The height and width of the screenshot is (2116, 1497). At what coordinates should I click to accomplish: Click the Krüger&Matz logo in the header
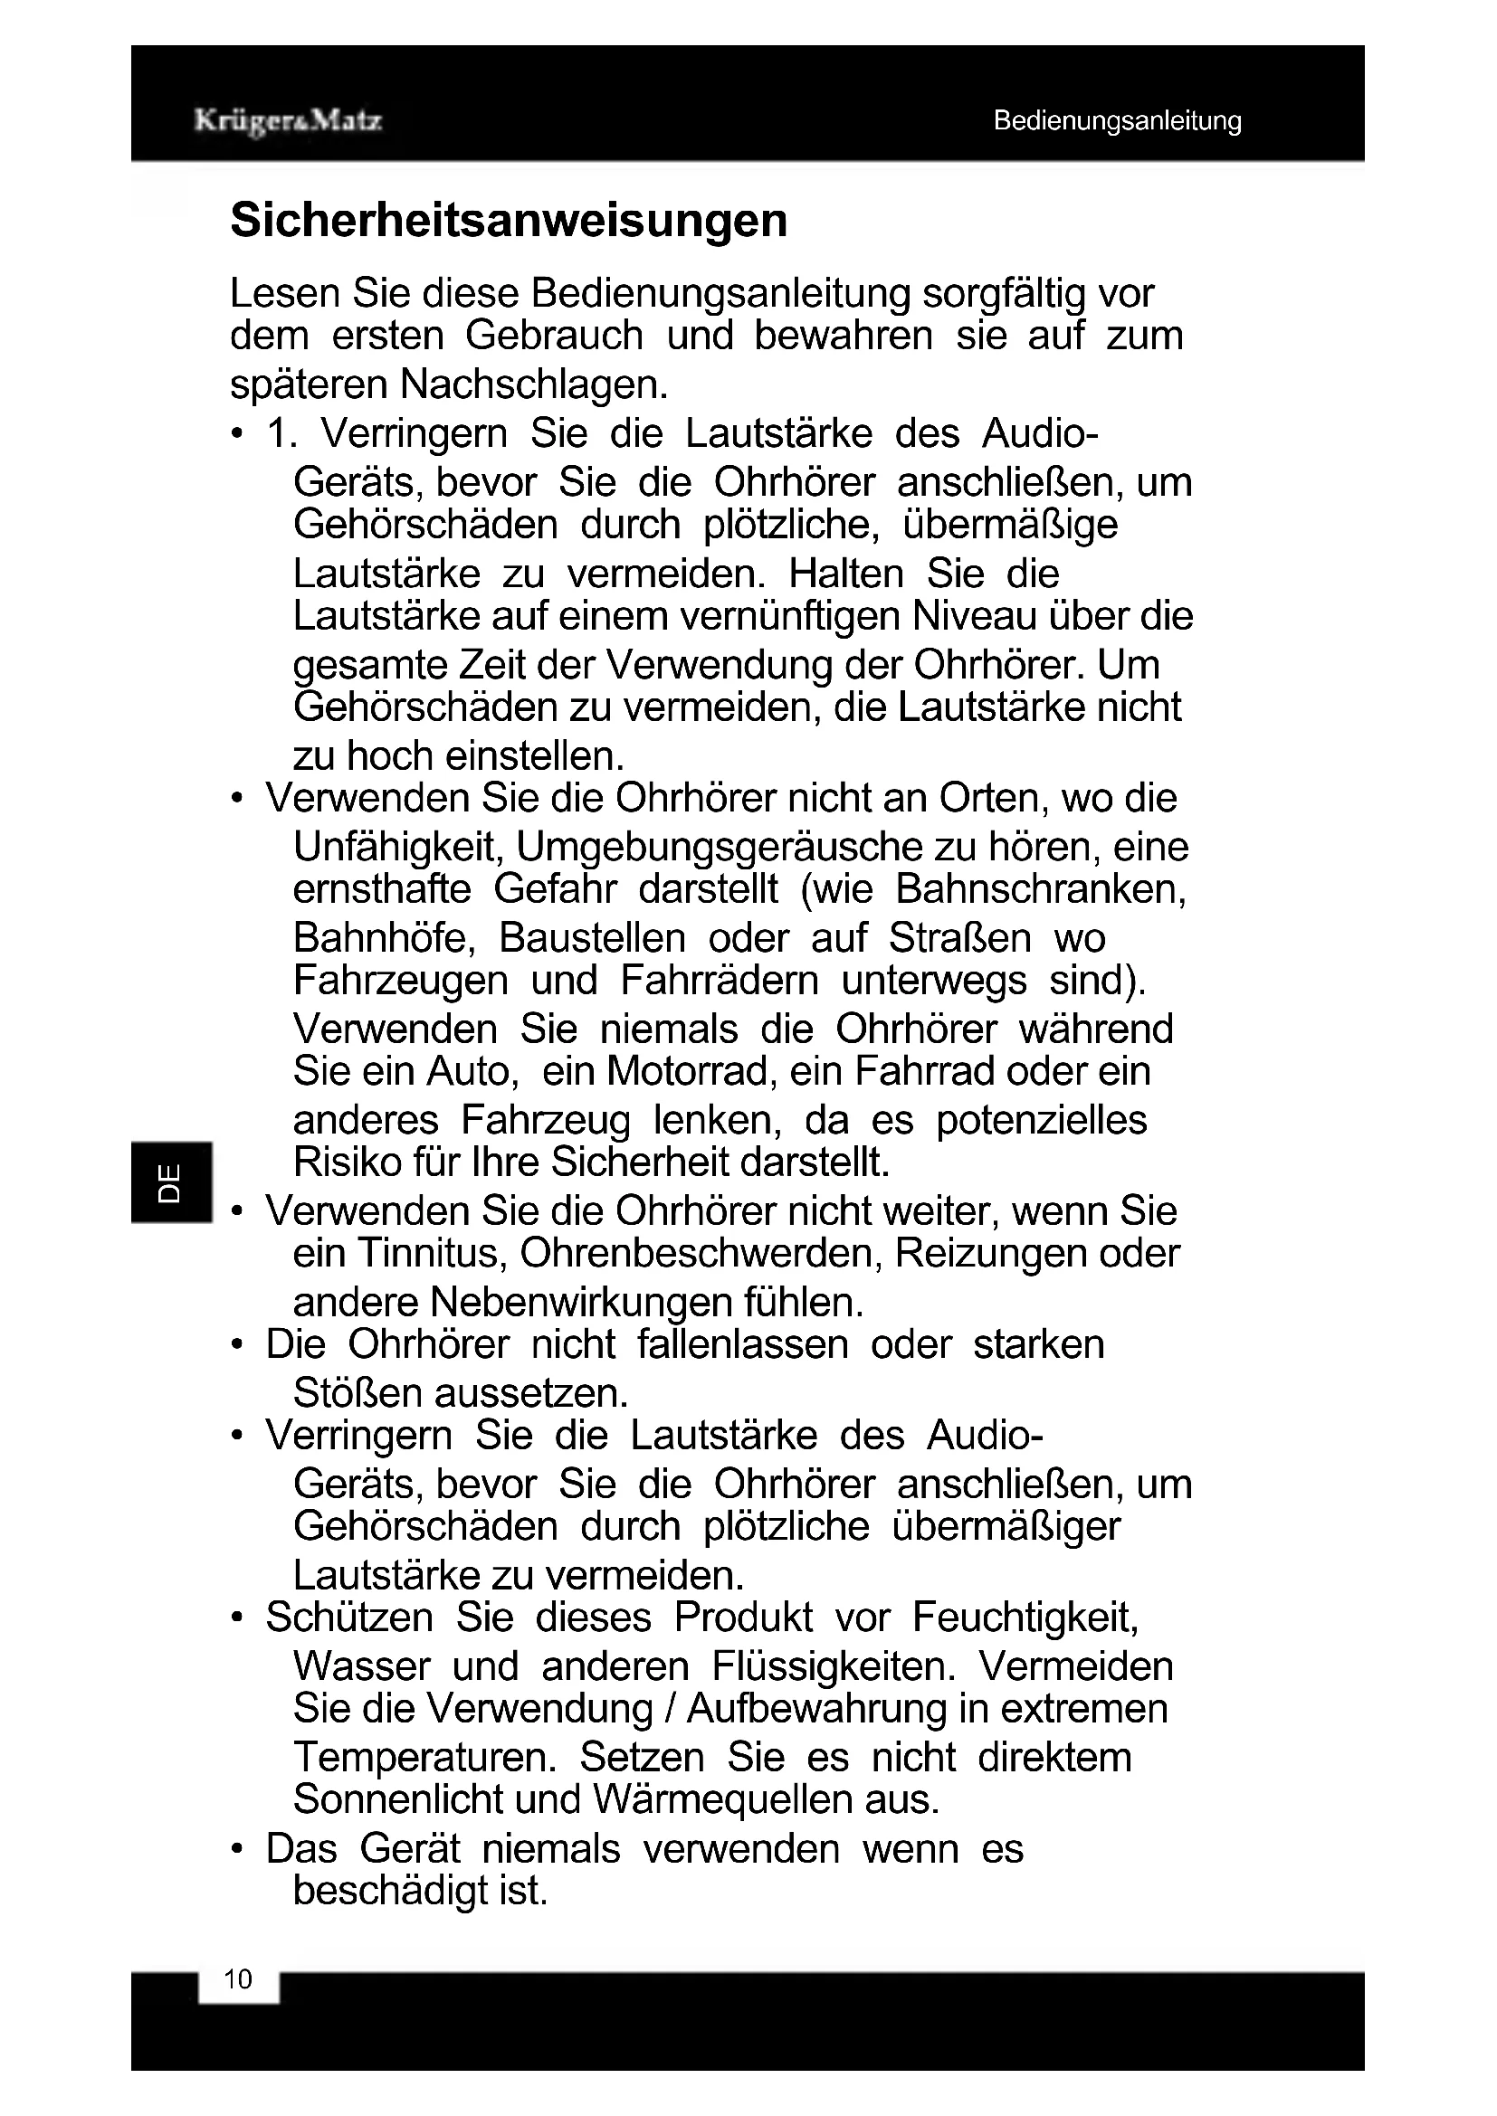(x=288, y=120)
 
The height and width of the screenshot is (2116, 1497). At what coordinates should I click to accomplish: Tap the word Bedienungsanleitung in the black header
(x=1117, y=120)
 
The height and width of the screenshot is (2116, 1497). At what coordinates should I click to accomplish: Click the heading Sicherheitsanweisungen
(x=509, y=220)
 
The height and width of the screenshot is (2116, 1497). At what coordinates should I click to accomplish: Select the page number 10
(x=238, y=1978)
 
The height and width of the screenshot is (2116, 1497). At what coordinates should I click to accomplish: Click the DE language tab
(x=170, y=1182)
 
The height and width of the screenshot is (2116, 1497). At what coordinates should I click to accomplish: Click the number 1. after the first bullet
(x=281, y=433)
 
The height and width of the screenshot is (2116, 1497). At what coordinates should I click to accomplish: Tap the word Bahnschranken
(x=1041, y=889)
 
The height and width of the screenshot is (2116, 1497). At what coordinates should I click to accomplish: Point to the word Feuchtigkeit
(x=1026, y=1618)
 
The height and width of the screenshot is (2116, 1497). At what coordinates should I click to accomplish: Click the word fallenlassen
(x=742, y=1344)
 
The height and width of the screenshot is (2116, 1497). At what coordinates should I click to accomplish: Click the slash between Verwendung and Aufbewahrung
(x=670, y=1709)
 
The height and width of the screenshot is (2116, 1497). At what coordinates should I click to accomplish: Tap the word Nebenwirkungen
(x=581, y=1302)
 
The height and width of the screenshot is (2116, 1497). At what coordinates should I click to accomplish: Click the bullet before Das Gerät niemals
(x=238, y=1849)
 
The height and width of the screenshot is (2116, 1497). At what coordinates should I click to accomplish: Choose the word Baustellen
(x=592, y=938)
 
